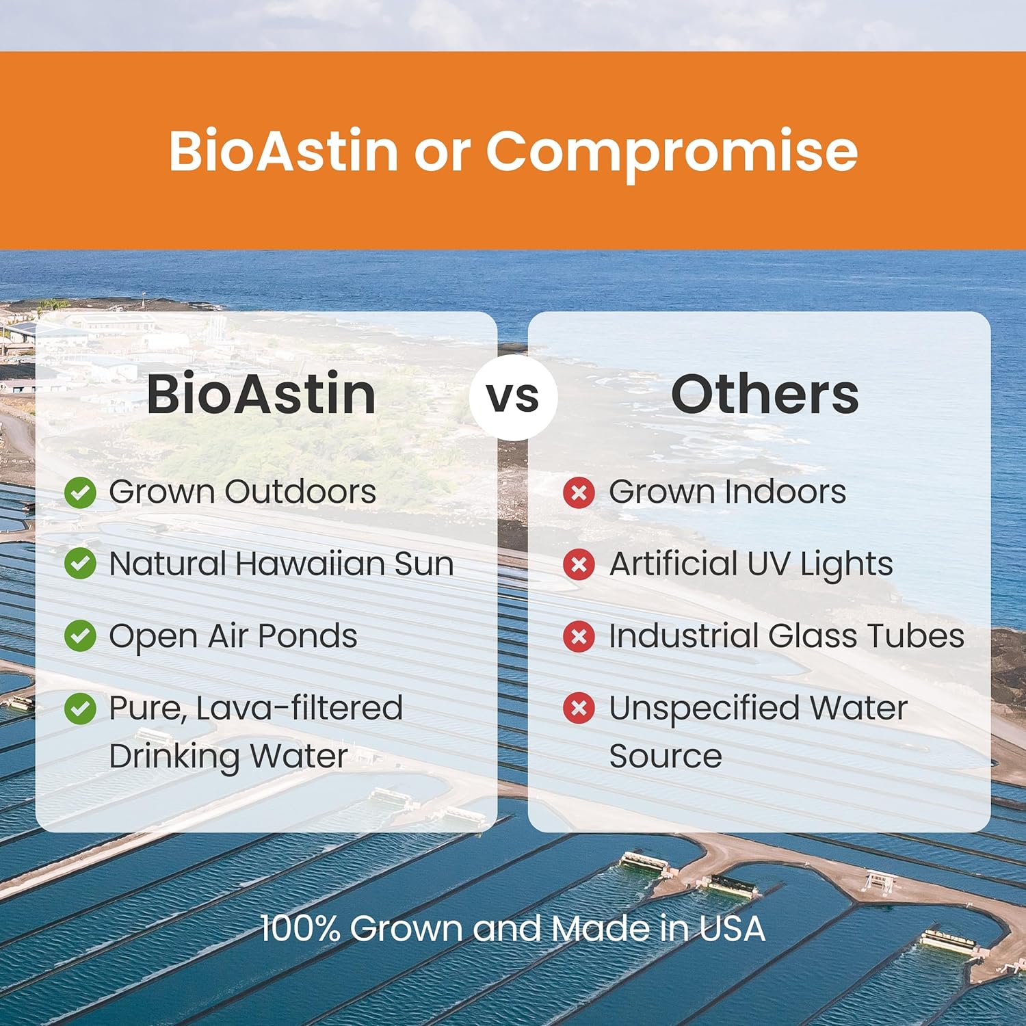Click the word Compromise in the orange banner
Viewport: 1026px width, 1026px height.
[x=671, y=152]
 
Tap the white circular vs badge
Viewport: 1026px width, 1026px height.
[x=513, y=397]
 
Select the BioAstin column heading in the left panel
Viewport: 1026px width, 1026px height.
[x=261, y=395]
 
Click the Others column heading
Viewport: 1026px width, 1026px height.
[x=764, y=395]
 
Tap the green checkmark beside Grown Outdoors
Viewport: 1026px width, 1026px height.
[x=80, y=492]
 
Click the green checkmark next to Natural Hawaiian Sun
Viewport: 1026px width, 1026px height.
[x=80, y=564]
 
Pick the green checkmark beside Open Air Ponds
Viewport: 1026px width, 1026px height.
[x=80, y=636]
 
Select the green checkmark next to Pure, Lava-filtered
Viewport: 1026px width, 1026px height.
[x=80, y=709]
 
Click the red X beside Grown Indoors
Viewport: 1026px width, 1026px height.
[x=579, y=492]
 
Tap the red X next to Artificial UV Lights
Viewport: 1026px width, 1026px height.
[x=579, y=564]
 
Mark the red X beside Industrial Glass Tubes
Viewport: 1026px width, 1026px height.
[x=579, y=636]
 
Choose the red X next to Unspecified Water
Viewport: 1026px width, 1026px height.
[x=579, y=709]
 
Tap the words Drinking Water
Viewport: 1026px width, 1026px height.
[x=228, y=757]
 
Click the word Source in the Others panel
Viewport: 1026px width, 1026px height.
[x=665, y=757]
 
